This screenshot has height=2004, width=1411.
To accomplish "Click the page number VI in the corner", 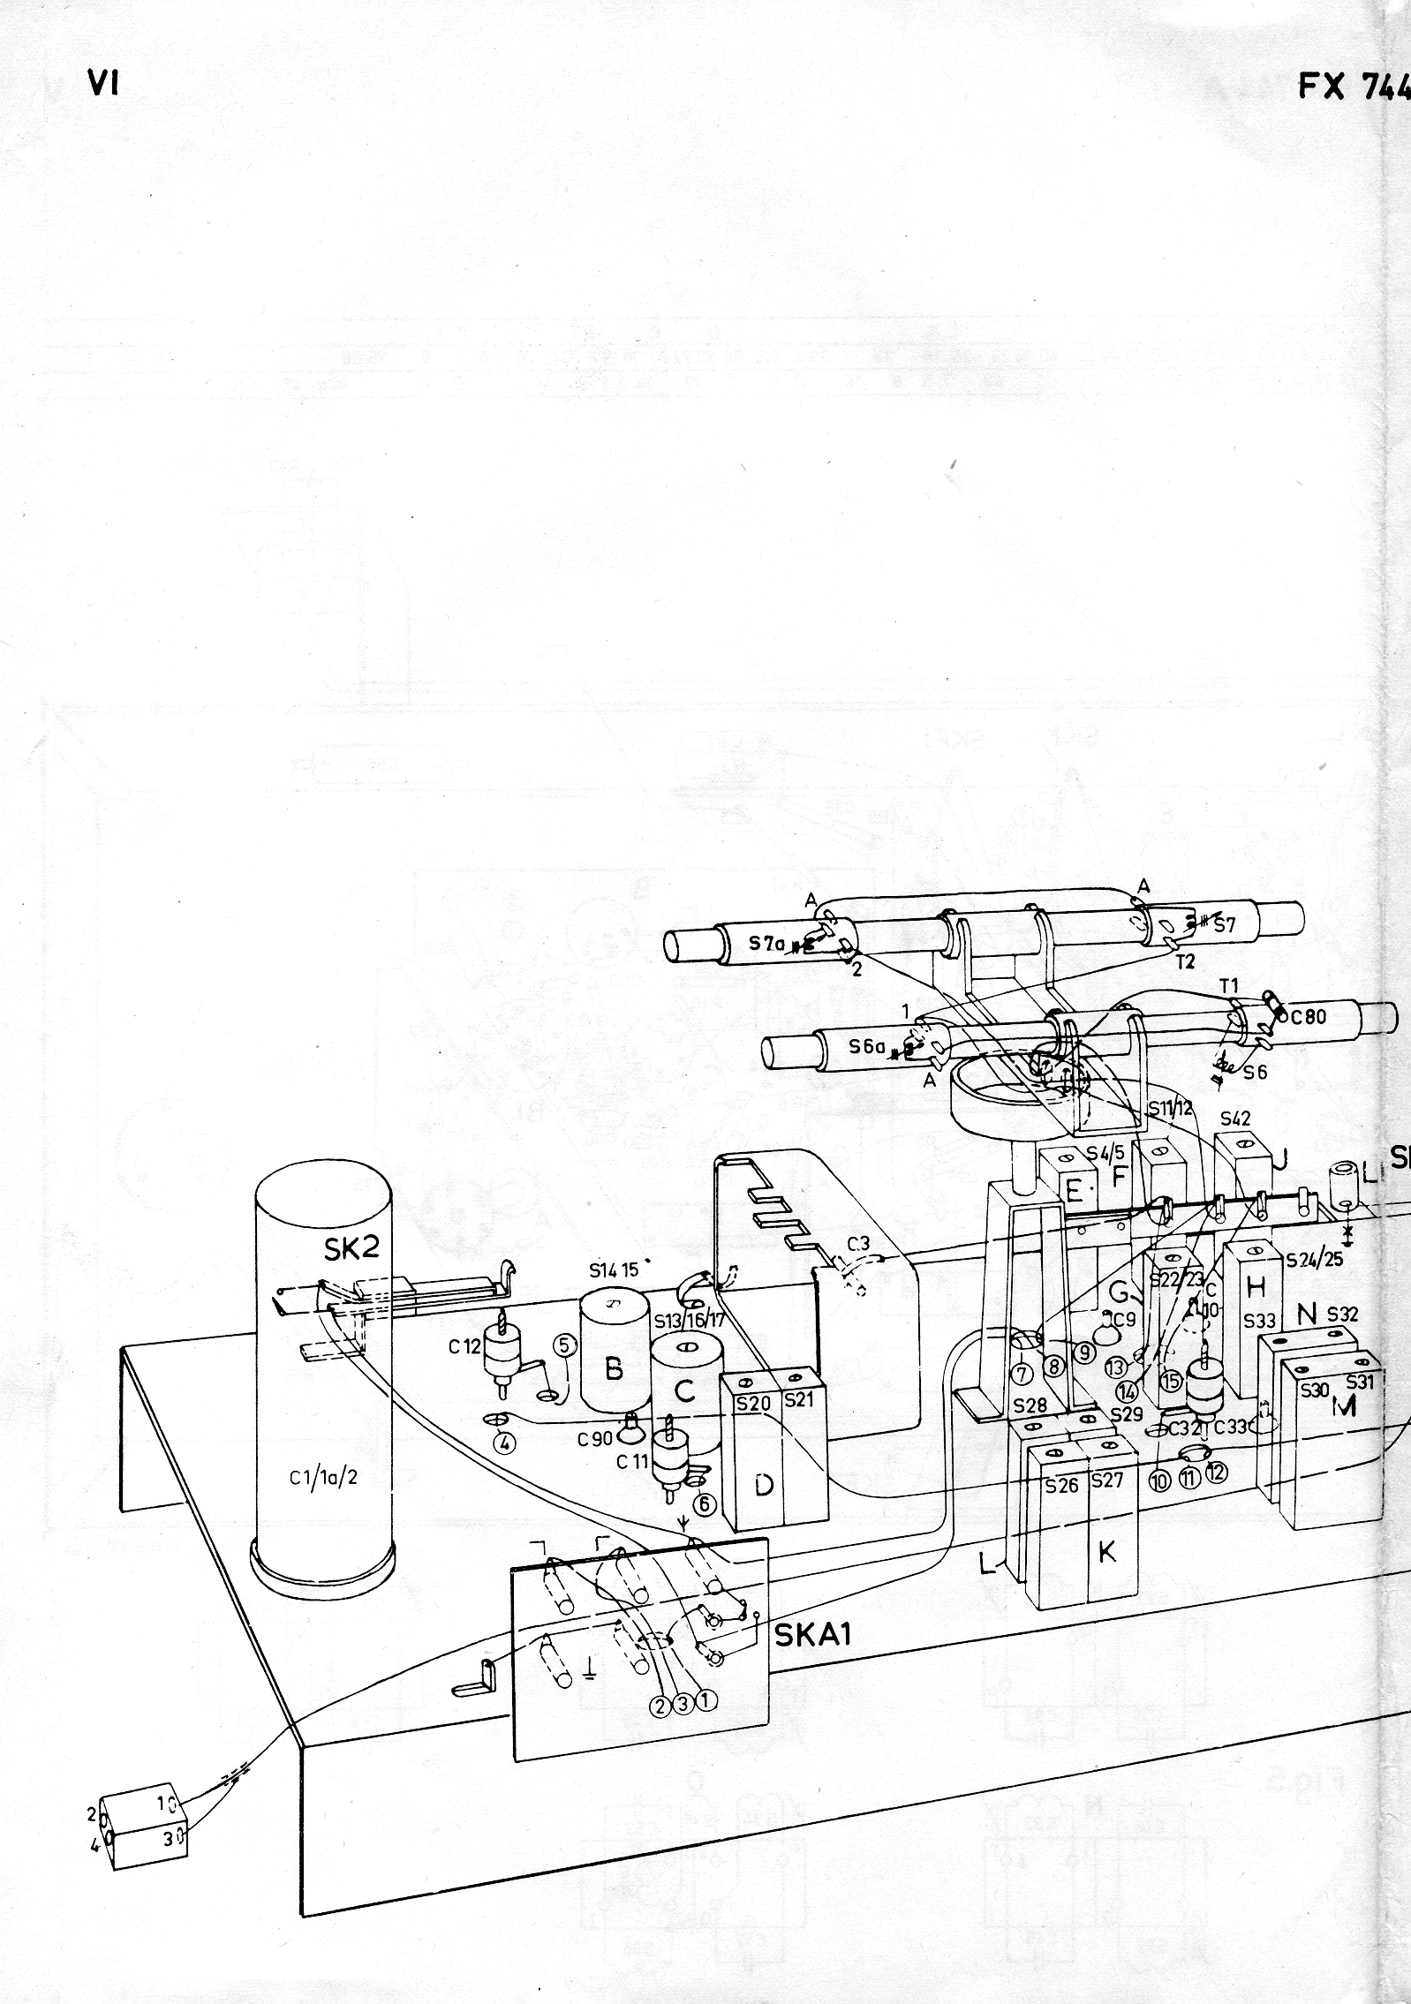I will click(103, 85).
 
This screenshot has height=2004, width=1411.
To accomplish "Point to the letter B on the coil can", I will click(614, 1369).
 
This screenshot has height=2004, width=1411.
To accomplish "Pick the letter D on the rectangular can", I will click(764, 1486).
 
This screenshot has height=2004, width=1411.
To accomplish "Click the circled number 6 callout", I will click(704, 1502).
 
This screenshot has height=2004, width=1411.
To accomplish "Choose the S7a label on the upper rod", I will click(767, 942).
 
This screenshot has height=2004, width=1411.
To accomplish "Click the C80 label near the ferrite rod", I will click(1308, 1016).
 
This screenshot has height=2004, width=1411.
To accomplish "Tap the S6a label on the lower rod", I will click(866, 1046).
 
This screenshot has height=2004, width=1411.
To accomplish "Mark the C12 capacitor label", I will click(464, 1346).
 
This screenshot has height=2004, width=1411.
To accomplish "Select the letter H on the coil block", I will click(1256, 1288).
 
